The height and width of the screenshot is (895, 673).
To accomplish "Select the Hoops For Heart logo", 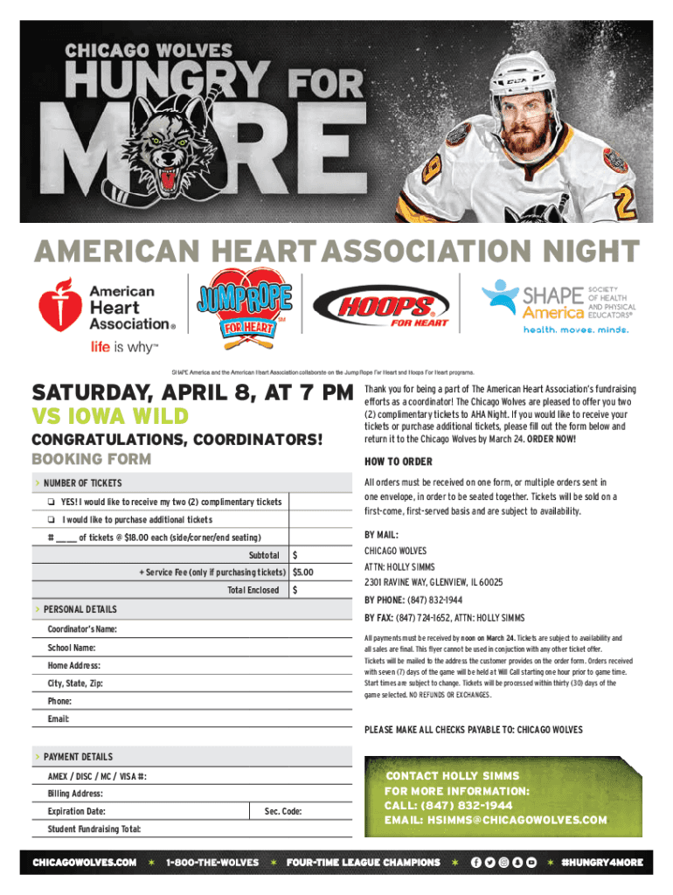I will point(382,309).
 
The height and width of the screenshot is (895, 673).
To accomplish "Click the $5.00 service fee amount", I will point(304,572).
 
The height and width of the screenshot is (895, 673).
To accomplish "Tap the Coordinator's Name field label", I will point(81,630).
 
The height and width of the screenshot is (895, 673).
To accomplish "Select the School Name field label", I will point(72,648).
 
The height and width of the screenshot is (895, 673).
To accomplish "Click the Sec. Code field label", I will point(283,811).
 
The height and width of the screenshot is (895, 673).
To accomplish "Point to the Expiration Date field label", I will point(76,811).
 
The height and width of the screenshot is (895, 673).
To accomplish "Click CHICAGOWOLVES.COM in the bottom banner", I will point(85,863).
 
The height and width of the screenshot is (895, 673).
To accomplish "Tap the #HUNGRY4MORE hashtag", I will point(603,863).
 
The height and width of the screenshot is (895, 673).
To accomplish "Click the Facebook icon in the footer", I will point(475,863).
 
